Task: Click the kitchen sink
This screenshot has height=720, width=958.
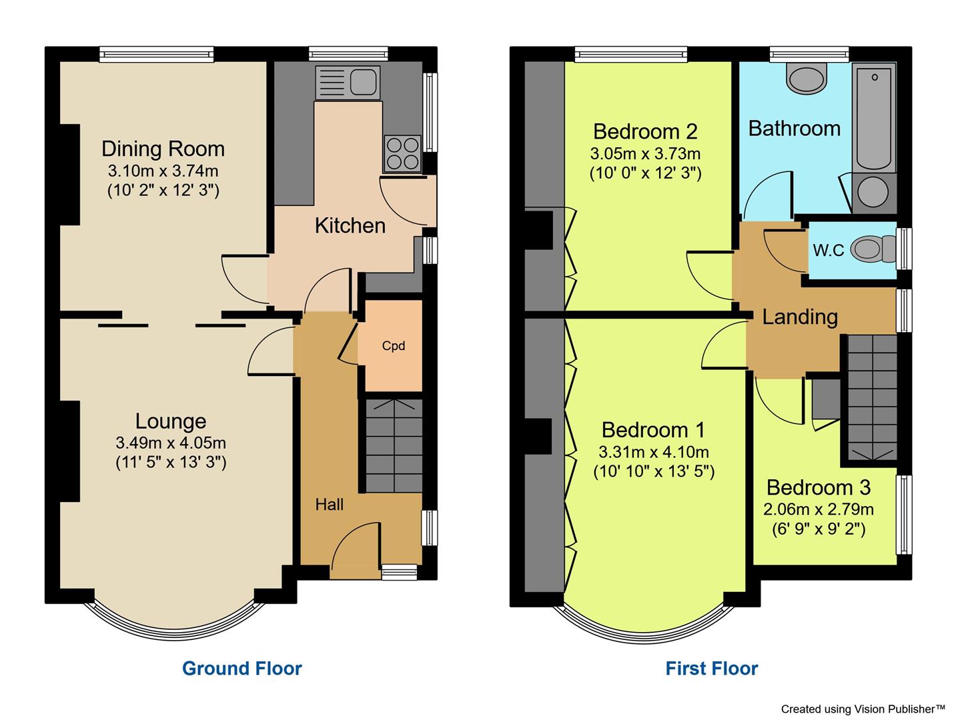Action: pyautogui.click(x=348, y=83)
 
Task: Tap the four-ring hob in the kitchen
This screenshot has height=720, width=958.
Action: pyautogui.click(x=402, y=153)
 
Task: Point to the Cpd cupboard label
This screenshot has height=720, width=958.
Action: pyautogui.click(x=393, y=346)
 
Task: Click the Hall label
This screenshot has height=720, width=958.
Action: pyautogui.click(x=329, y=505)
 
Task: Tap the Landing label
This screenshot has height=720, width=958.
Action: pyautogui.click(x=800, y=317)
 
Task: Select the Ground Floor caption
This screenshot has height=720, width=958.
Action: pyautogui.click(x=242, y=669)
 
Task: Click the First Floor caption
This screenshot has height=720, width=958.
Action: pyautogui.click(x=711, y=669)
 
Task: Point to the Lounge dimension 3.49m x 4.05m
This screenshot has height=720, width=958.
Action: pyautogui.click(x=171, y=443)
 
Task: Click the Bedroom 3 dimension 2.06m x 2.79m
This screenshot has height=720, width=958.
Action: pyautogui.click(x=819, y=509)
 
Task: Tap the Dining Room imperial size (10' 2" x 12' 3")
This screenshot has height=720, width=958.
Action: pyautogui.click(x=163, y=191)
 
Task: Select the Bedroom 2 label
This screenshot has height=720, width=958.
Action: pyautogui.click(x=645, y=131)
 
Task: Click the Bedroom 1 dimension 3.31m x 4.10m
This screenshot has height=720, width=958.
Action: pyautogui.click(x=653, y=452)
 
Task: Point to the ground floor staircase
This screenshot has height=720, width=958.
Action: pyautogui.click(x=394, y=446)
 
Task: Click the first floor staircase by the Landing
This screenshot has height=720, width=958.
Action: pyautogui.click(x=873, y=398)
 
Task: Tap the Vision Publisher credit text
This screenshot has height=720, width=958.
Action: pyautogui.click(x=863, y=709)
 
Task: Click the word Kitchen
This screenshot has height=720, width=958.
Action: pyautogui.click(x=350, y=226)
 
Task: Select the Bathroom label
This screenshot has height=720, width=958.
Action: pyautogui.click(x=795, y=129)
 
